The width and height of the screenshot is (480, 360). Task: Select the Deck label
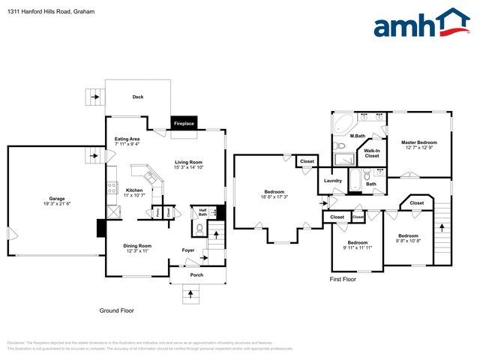pyautogui.click(x=138, y=97)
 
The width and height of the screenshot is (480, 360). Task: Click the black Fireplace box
pyautogui.click(x=184, y=123)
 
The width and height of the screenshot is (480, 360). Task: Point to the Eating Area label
pyautogui.click(x=127, y=139)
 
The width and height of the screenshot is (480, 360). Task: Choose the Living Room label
pyautogui.click(x=189, y=162)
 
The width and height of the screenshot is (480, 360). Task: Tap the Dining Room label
pyautogui.click(x=138, y=245)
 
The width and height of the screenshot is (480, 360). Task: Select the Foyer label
pyautogui.click(x=188, y=250)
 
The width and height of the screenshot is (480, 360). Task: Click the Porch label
pyautogui.click(x=196, y=274)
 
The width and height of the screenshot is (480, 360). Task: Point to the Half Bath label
pyautogui.click(x=202, y=211)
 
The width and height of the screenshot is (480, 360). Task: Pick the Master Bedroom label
pyautogui.click(x=418, y=142)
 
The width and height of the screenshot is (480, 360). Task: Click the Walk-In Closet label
pyautogui.click(x=372, y=153)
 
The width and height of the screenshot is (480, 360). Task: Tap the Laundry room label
pyautogui.click(x=333, y=180)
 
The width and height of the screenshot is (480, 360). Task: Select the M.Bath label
pyautogui.click(x=358, y=136)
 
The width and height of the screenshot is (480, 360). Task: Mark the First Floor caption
pyautogui.click(x=343, y=279)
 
